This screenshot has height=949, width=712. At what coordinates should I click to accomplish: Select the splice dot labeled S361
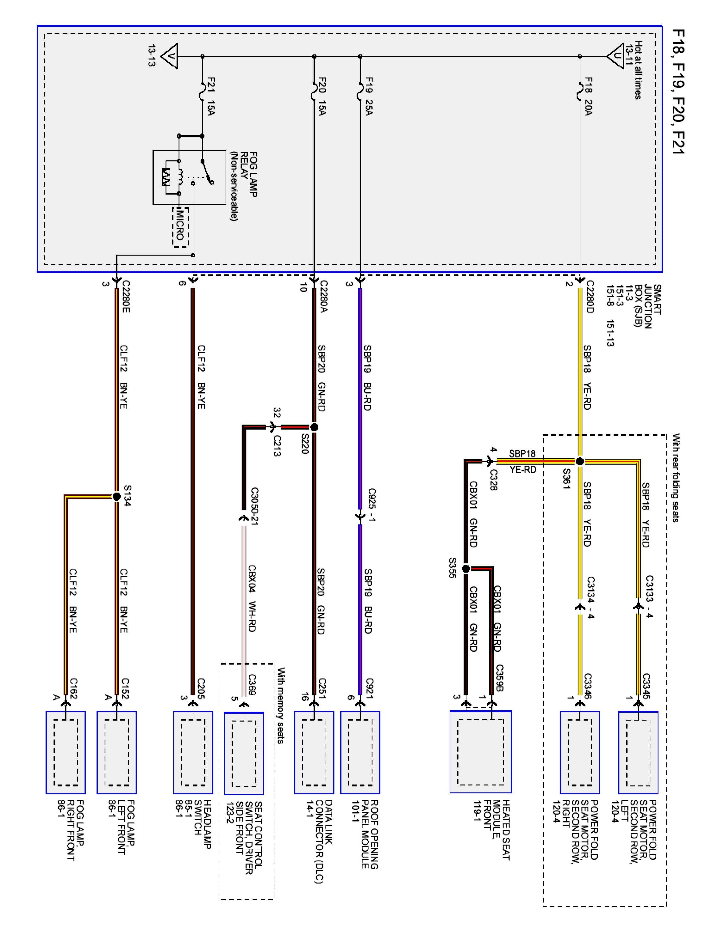click(x=579, y=461)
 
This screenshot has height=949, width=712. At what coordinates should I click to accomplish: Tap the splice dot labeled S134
click(x=116, y=497)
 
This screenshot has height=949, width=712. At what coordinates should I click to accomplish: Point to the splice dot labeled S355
click(x=466, y=569)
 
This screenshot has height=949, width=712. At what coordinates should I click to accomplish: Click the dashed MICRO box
click(x=180, y=227)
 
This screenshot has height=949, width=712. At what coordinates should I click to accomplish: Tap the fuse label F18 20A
click(x=588, y=96)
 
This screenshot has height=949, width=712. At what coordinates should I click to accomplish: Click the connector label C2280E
click(x=125, y=296)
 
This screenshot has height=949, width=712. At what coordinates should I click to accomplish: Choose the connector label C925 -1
click(x=372, y=505)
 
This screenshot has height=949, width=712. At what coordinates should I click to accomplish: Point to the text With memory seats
click(x=281, y=705)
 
